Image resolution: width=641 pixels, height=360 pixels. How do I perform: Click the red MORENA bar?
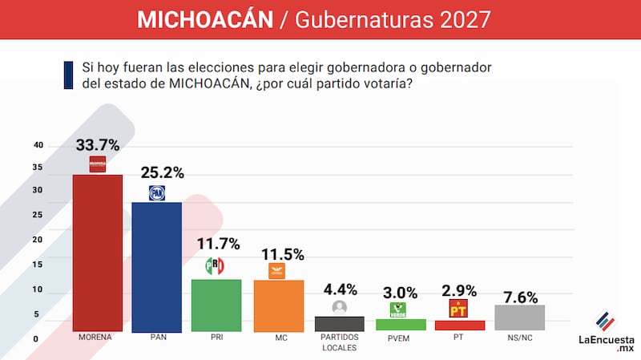click(x=98, y=253)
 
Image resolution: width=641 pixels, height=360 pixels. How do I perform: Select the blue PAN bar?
click(x=156, y=266)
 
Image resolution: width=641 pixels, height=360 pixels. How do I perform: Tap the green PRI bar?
click(x=216, y=305)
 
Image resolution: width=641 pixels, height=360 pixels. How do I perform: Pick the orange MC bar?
click(x=279, y=305)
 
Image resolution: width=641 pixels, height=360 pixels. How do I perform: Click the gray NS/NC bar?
click(x=519, y=318)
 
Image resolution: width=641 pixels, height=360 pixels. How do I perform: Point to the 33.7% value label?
click(x=98, y=145)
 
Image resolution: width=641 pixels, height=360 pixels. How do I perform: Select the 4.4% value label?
click(x=340, y=289)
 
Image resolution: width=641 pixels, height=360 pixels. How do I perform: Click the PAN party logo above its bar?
click(x=157, y=192)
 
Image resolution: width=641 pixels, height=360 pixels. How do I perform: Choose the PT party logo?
click(x=458, y=309)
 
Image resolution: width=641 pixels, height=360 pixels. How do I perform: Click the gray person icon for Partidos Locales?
click(x=340, y=307)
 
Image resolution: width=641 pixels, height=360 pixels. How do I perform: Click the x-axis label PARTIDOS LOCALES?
click(x=340, y=342)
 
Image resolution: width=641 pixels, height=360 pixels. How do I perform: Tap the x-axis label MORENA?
click(x=95, y=338)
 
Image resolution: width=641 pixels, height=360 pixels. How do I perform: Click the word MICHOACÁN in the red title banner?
click(x=205, y=19)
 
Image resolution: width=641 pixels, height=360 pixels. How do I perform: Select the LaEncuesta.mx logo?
click(x=607, y=330)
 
